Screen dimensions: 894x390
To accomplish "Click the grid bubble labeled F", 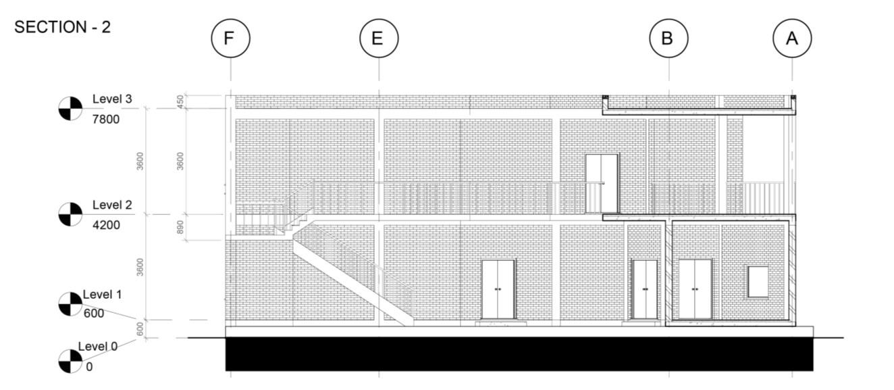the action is (x=230, y=39).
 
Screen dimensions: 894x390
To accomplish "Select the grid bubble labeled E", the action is (x=378, y=39).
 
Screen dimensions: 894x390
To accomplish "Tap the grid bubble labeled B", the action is (x=668, y=39).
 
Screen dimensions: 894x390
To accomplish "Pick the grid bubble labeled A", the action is (x=792, y=39).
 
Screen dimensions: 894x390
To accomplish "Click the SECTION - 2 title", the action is (x=62, y=27).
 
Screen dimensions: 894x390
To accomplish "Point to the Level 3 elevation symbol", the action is (x=70, y=108).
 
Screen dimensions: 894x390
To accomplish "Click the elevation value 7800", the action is (x=106, y=120).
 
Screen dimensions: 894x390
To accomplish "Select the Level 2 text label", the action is (x=112, y=205).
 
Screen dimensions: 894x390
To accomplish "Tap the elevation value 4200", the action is (x=106, y=224).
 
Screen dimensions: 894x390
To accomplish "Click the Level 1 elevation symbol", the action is (x=70, y=304).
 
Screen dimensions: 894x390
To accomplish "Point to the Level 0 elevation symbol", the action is (x=70, y=361).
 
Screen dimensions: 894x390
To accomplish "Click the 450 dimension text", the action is (x=180, y=101).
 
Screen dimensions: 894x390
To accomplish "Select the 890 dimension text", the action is (x=180, y=227).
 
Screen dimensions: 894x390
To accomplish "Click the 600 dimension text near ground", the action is (x=140, y=328).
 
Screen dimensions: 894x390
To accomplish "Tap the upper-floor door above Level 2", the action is (x=602, y=183).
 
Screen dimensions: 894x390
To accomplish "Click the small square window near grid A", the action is (x=758, y=281).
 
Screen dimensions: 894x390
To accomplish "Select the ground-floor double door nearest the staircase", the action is (x=498, y=289).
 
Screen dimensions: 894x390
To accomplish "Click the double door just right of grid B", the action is (x=695, y=289).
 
